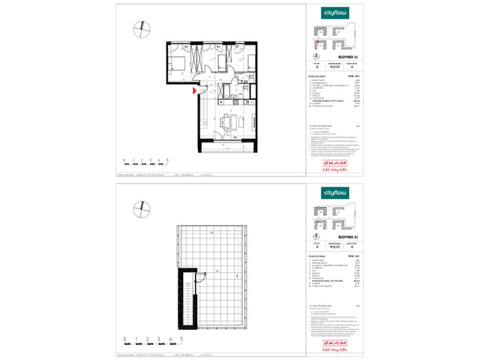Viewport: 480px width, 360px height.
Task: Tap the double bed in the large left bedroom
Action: click(x=180, y=64)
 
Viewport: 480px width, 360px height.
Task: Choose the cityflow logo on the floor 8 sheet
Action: click(x=333, y=13)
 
